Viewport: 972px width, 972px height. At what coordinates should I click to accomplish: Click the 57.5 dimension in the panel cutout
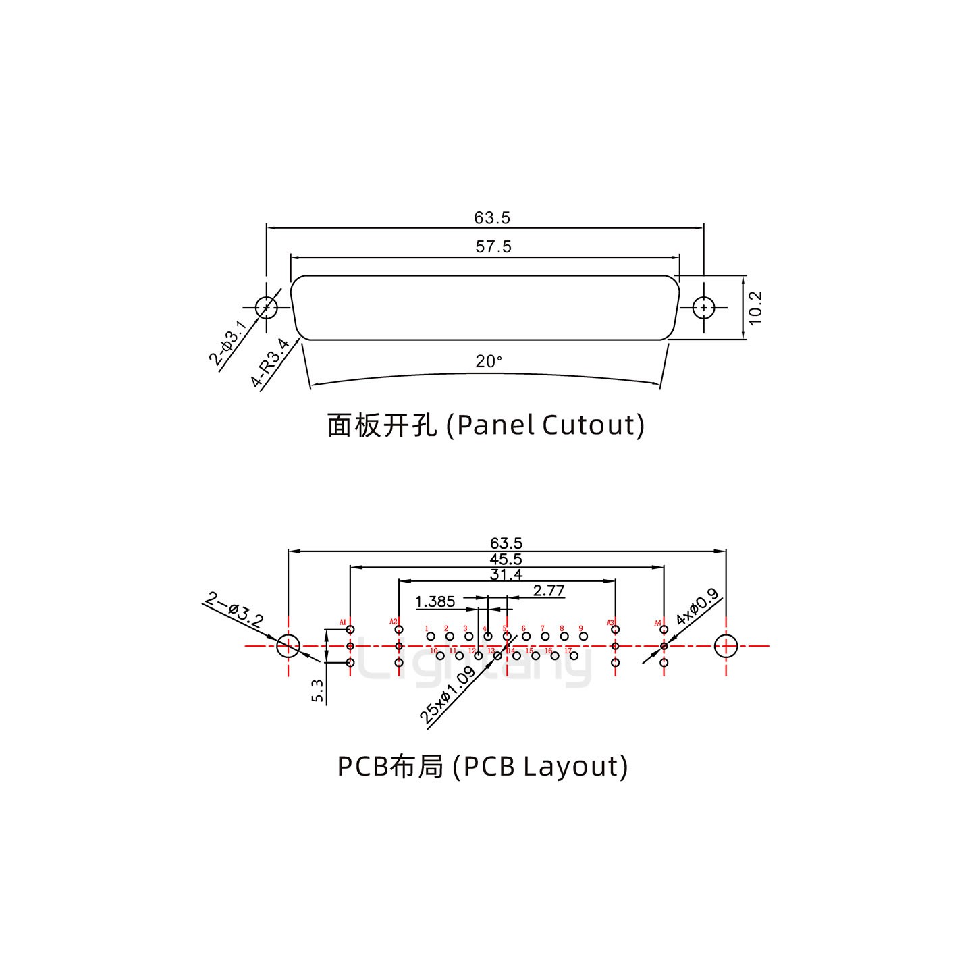click(493, 247)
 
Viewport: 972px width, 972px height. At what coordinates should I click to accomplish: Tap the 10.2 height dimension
click(755, 307)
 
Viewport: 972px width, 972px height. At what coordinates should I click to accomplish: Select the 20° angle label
click(489, 362)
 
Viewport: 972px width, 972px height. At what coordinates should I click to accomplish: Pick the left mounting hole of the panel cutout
click(267, 308)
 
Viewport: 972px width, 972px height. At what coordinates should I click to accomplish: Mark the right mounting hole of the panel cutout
click(704, 308)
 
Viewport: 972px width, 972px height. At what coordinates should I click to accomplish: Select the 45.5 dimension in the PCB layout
click(506, 560)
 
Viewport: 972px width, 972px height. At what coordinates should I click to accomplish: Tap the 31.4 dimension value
click(506, 575)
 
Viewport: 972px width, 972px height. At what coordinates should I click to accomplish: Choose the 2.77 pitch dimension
click(548, 591)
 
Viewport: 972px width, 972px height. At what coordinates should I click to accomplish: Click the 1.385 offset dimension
click(435, 601)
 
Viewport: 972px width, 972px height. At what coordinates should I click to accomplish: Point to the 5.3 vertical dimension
click(318, 691)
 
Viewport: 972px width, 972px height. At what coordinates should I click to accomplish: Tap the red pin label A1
click(343, 622)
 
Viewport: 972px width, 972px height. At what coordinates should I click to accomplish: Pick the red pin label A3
click(610, 622)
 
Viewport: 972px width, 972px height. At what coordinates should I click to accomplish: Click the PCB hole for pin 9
click(584, 637)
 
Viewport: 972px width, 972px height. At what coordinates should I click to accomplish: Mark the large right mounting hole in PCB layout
click(726, 646)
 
